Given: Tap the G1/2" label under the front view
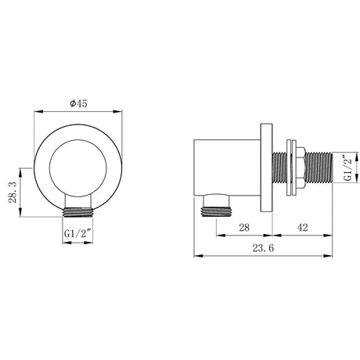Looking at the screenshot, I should (77, 232).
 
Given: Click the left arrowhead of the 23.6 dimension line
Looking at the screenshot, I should (196, 256).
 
